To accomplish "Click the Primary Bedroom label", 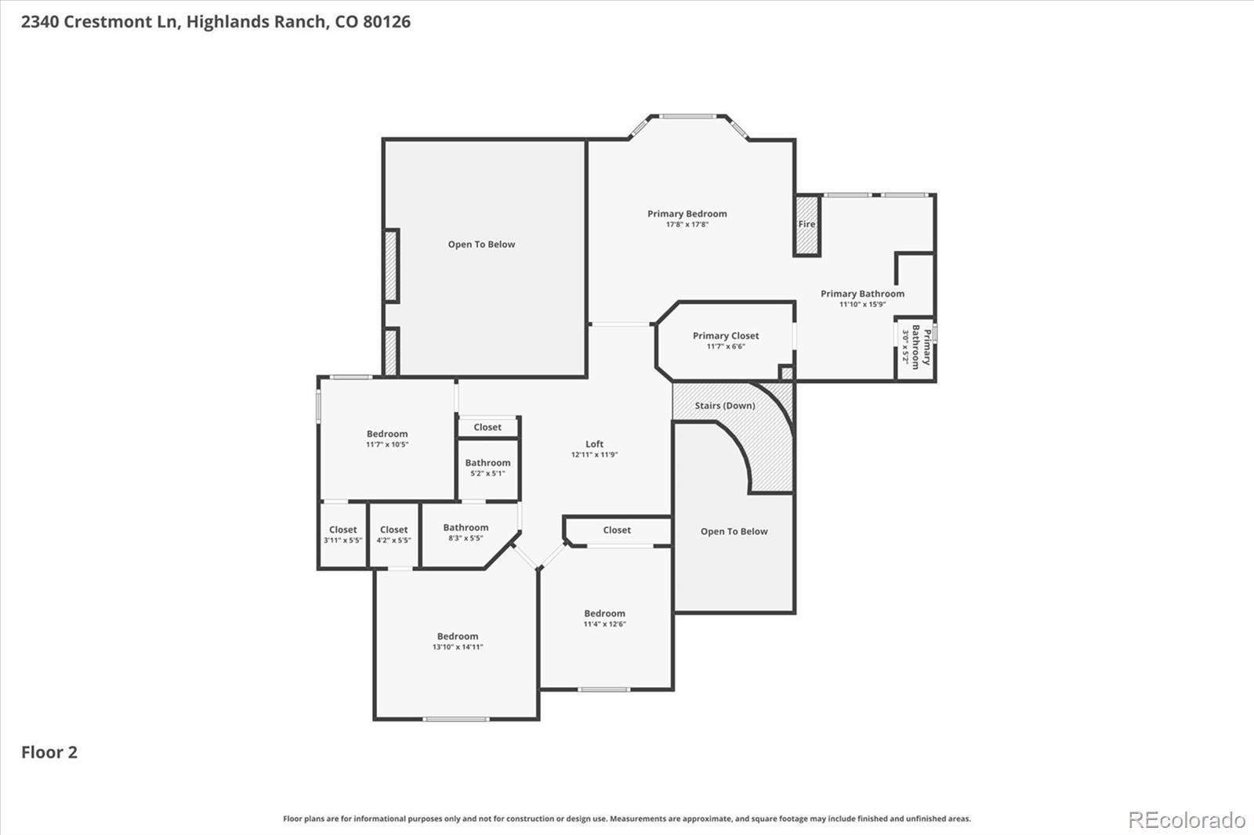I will [x=687, y=214].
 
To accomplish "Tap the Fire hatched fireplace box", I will [x=806, y=224].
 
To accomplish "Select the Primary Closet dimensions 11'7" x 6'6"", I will [x=726, y=346].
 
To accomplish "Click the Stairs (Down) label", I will [x=725, y=406].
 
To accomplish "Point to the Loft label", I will [x=594, y=444].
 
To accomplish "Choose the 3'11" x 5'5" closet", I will [x=342, y=535].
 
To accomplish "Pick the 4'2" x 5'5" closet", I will [x=393, y=535].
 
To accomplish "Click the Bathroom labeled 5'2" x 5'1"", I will [x=487, y=468].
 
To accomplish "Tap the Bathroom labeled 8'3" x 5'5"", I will [x=466, y=533].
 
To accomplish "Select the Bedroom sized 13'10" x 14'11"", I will [x=458, y=642].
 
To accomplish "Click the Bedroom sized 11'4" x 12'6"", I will [x=604, y=619].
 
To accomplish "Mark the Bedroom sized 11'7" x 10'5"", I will [x=387, y=439].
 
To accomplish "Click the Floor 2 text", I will [x=49, y=753].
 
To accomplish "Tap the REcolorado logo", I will [x=1186, y=820].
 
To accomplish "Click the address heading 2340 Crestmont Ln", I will [x=216, y=22].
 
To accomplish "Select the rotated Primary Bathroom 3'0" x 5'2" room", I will [x=915, y=347].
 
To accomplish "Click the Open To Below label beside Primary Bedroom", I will [x=481, y=244].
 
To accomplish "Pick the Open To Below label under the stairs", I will [x=734, y=531].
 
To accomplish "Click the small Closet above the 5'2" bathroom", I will [x=487, y=428].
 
